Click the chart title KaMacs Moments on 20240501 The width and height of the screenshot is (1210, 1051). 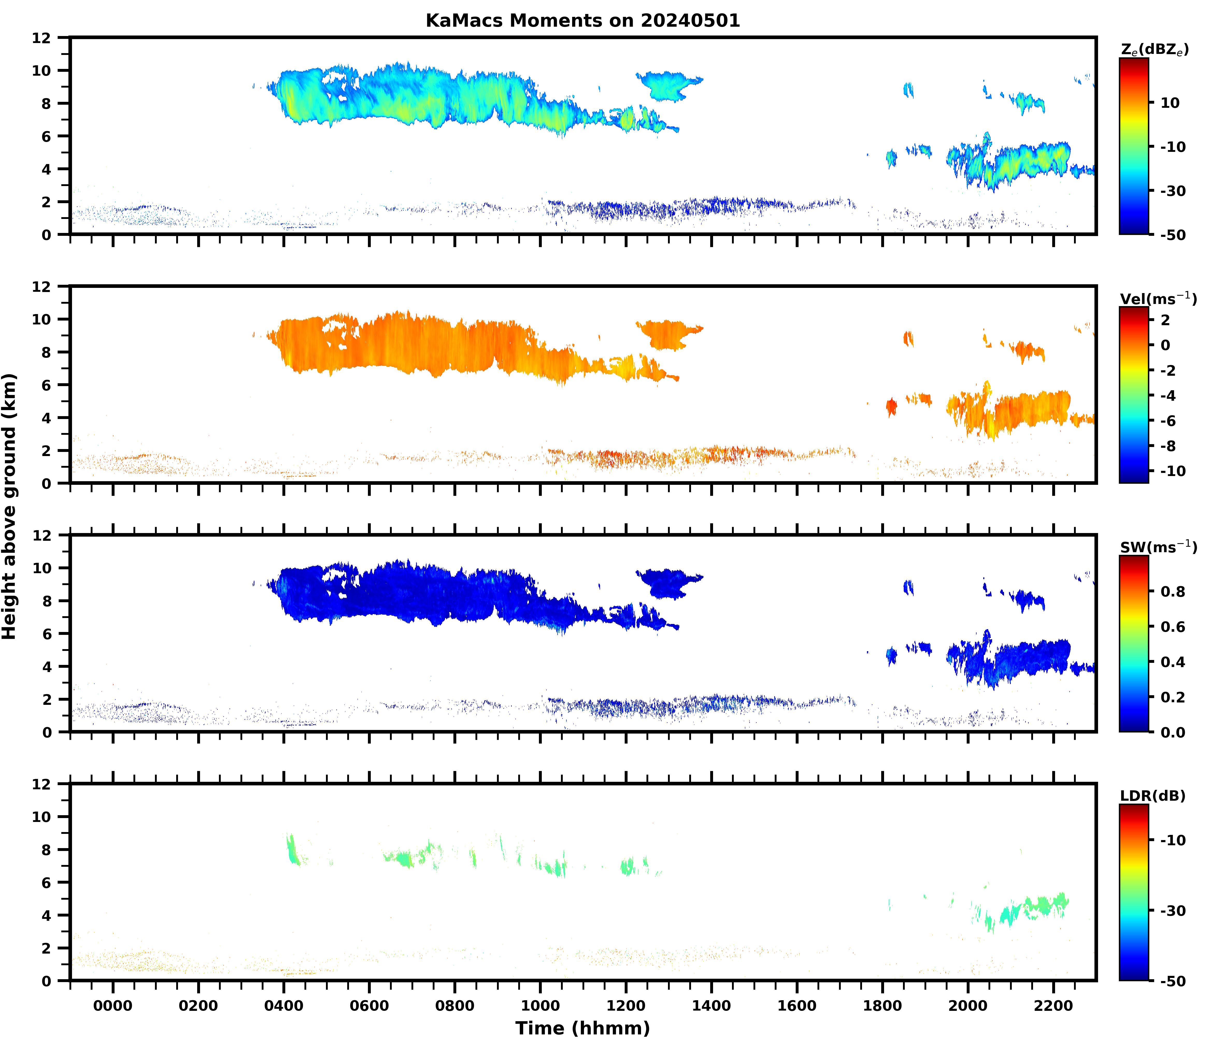pyautogui.click(x=582, y=20)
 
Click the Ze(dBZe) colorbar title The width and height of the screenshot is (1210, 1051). pyautogui.click(x=1154, y=50)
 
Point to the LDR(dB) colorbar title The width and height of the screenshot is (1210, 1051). pyautogui.click(x=1152, y=796)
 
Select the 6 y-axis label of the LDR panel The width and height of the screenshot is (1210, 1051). pyautogui.click(x=47, y=883)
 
